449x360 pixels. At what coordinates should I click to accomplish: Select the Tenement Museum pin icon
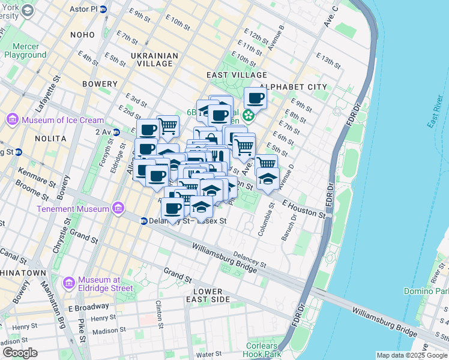pos(119,209)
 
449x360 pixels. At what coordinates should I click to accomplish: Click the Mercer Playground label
pos(25,50)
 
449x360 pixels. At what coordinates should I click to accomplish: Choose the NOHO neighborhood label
pos(82,35)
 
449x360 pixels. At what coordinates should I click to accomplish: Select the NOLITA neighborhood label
pos(50,139)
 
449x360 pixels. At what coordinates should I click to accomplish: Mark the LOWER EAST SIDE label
pos(208,295)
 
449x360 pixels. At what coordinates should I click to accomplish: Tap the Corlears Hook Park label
pos(264,350)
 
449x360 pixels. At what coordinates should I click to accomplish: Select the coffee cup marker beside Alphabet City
pos(255,98)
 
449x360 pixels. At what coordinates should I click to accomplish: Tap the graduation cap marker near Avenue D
pos(268,178)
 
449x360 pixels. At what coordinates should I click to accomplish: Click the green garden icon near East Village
pos(247,114)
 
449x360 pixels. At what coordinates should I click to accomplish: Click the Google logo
pos(20,353)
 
